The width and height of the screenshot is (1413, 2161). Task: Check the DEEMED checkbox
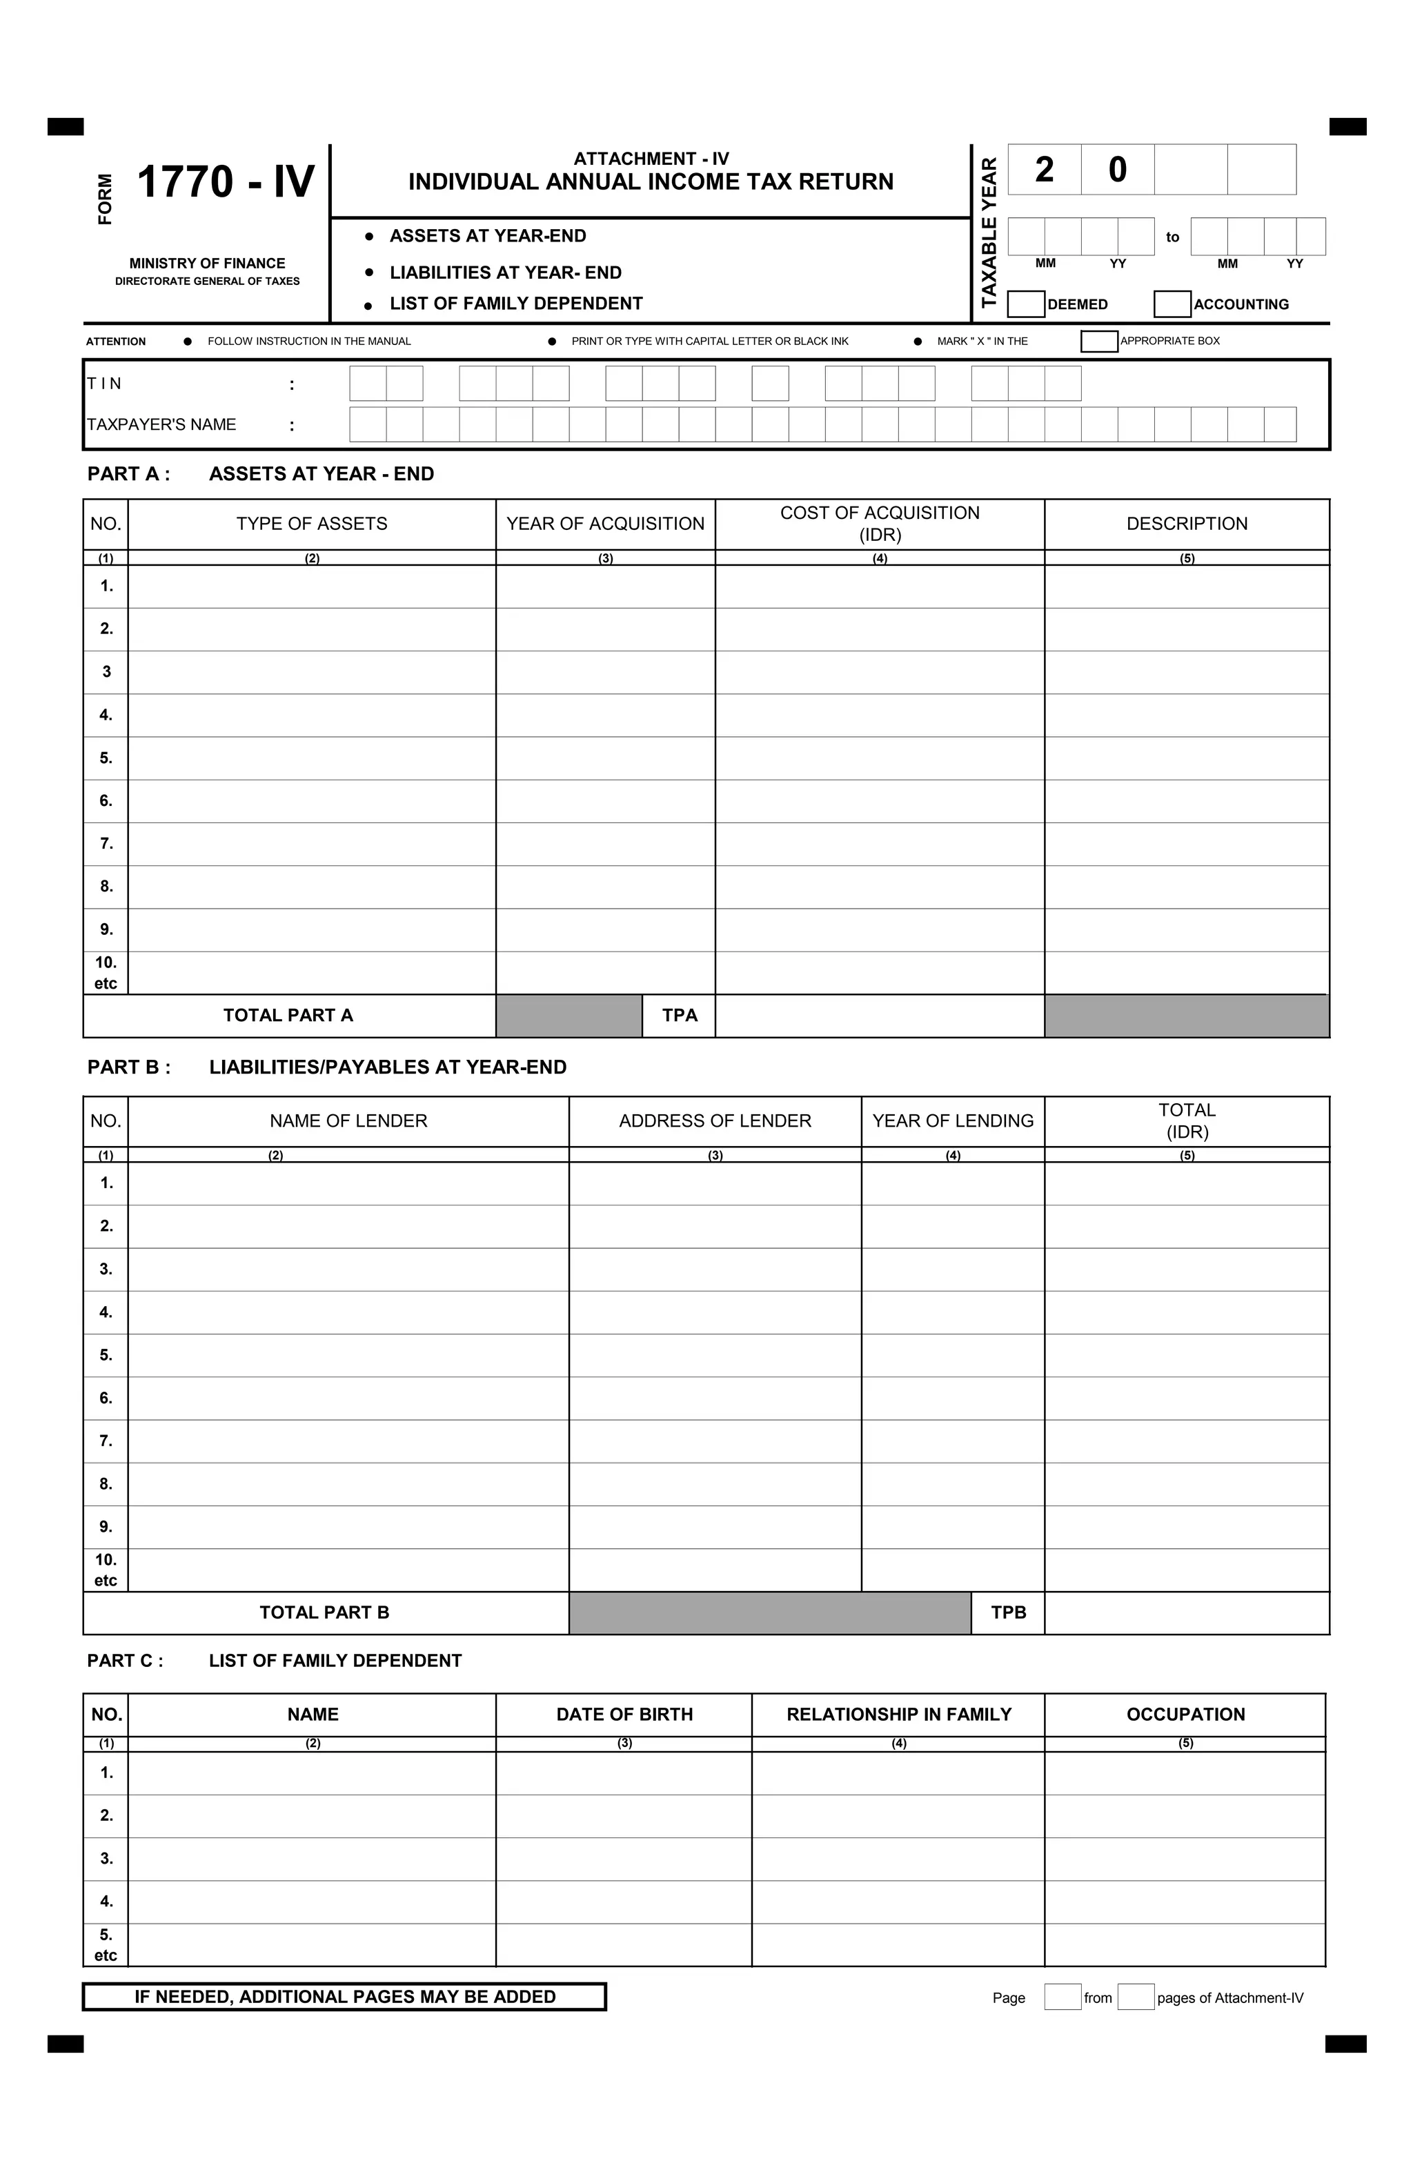[x=1025, y=304]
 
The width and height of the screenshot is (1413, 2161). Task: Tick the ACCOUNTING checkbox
[x=1172, y=304]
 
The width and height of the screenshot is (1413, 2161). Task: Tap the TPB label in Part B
[x=1008, y=1612]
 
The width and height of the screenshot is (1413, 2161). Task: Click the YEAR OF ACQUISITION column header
[x=605, y=524]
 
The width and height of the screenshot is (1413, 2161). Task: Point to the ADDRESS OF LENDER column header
[x=715, y=1121]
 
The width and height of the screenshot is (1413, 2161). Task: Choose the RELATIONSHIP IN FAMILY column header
[x=898, y=1715]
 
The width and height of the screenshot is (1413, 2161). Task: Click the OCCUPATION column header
[x=1185, y=1715]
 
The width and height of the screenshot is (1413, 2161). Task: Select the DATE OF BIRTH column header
[x=624, y=1715]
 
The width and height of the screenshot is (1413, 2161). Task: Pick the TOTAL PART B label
[x=324, y=1612]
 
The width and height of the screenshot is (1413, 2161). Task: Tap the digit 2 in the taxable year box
[x=1045, y=170]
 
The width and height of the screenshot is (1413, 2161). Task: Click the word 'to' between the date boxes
[x=1172, y=237]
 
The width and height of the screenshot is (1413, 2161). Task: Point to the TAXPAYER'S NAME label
[x=161, y=424]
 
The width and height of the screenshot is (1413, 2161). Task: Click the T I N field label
[x=104, y=383]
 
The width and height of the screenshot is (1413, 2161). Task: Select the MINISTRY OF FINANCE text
[x=207, y=264]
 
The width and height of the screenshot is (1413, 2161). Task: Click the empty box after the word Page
[x=1063, y=1997]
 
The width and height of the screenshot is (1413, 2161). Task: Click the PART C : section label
[x=126, y=1661]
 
